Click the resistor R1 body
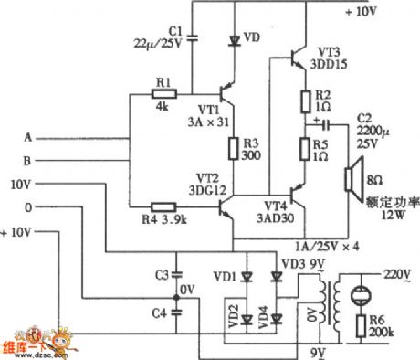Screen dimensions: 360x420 click(164, 93)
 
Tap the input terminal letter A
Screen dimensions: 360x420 click(26, 138)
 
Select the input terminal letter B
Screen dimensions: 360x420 click(26, 160)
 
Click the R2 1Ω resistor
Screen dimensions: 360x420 click(302, 100)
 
